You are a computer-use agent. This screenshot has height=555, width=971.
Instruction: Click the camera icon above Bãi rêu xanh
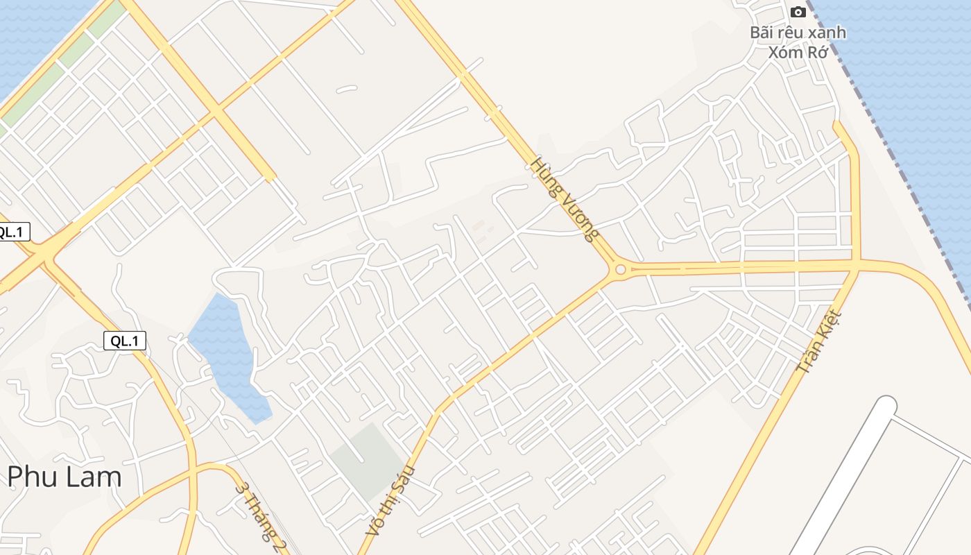pos(798,12)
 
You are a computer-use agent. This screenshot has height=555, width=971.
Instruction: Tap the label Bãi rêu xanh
pos(798,33)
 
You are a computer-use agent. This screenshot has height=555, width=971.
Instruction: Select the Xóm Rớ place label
pos(798,52)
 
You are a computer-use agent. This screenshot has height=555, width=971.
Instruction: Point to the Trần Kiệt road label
pos(820,341)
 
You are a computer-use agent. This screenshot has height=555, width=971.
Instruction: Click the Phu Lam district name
pos(65,477)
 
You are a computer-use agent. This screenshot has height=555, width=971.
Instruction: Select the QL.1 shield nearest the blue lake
pos(125,341)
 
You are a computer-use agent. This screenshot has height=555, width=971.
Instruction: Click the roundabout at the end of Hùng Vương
pos(620,269)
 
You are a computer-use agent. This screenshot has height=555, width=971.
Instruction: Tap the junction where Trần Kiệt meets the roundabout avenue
pos(858,265)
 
